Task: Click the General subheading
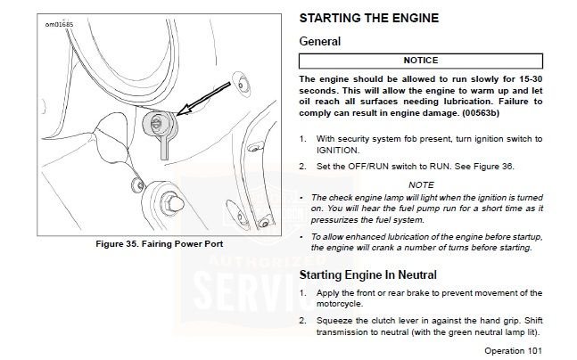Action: (319, 41)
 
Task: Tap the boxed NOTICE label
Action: (420, 61)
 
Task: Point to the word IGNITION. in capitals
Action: (337, 151)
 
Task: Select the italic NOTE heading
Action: (421, 184)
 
